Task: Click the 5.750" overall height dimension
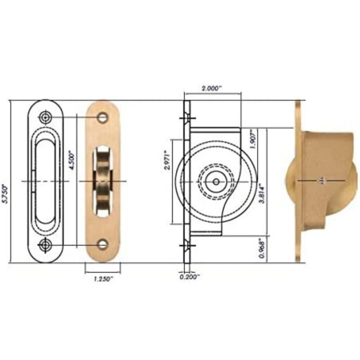[5, 194]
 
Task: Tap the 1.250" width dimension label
[103, 279]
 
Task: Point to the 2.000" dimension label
[211, 89]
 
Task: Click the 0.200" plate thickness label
[189, 277]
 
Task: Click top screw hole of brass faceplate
[103, 118]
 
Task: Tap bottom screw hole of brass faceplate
[103, 244]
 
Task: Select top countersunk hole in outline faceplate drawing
[45, 117]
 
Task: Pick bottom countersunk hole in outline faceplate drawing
[45, 245]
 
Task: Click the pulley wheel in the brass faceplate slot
[103, 181]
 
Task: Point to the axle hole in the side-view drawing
[216, 181]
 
